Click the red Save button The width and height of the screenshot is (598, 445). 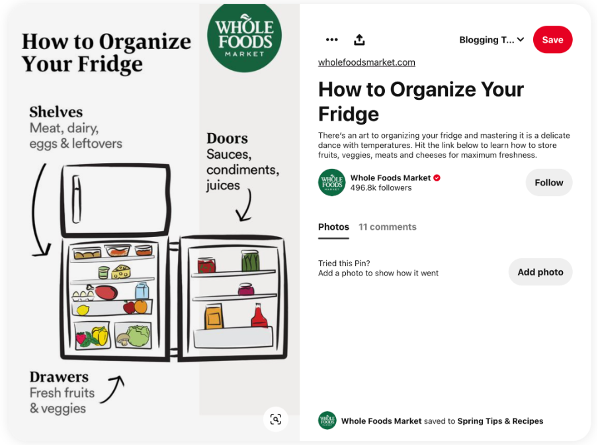pos(552,40)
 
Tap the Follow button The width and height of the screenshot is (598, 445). pos(548,183)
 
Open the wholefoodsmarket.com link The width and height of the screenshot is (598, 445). pos(366,62)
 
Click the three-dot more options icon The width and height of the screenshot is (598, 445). pos(332,40)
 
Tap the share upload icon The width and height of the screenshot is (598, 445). pos(359,40)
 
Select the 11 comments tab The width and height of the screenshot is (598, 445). pos(387,226)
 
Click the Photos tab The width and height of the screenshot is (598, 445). pos(333,226)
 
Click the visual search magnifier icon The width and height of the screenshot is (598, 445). pos(276,419)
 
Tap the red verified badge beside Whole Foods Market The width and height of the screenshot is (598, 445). pos(437,177)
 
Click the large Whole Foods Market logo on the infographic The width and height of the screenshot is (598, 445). pos(244,36)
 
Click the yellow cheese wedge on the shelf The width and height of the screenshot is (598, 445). pos(121,272)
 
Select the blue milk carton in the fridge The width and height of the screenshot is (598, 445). pos(142,291)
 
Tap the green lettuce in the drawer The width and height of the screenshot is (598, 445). pos(138,336)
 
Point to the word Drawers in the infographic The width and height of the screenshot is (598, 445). pos(59,377)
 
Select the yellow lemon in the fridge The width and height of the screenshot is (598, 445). pos(83,309)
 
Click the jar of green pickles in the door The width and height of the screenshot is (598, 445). pos(249,261)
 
